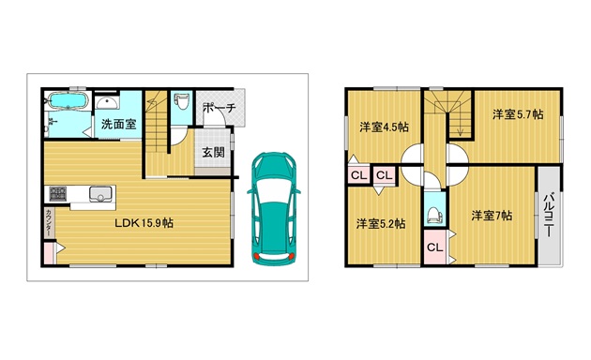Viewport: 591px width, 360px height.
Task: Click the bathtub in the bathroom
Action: pyautogui.click(x=68, y=101)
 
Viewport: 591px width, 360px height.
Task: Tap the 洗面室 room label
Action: pyautogui.click(x=118, y=124)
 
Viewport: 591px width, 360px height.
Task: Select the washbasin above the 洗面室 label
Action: pyautogui.click(x=107, y=103)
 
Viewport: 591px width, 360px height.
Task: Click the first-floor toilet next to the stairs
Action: pyautogui.click(x=182, y=101)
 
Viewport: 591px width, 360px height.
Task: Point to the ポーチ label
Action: pyautogui.click(x=219, y=108)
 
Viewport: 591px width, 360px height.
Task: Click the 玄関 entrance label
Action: pyautogui.click(x=213, y=152)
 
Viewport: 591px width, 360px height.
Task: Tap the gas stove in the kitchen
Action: pyautogui.click(x=58, y=193)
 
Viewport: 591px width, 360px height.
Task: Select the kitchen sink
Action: pyautogui.click(x=100, y=194)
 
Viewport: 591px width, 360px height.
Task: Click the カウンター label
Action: pyautogui.click(x=50, y=222)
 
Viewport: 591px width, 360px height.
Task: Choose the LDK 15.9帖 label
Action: pyautogui.click(x=144, y=223)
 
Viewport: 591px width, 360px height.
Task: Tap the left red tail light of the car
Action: pyautogui.click(x=257, y=257)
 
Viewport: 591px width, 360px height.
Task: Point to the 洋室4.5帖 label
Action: pyautogui.click(x=384, y=127)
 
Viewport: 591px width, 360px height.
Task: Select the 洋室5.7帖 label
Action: pyautogui.click(x=518, y=114)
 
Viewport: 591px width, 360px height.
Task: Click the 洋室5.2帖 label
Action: pyautogui.click(x=381, y=224)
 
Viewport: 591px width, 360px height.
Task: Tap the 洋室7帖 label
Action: pyautogui.click(x=492, y=216)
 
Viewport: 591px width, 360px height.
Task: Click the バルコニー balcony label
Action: pyautogui.click(x=549, y=215)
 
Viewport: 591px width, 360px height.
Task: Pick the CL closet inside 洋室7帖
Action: pyautogui.click(x=434, y=247)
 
